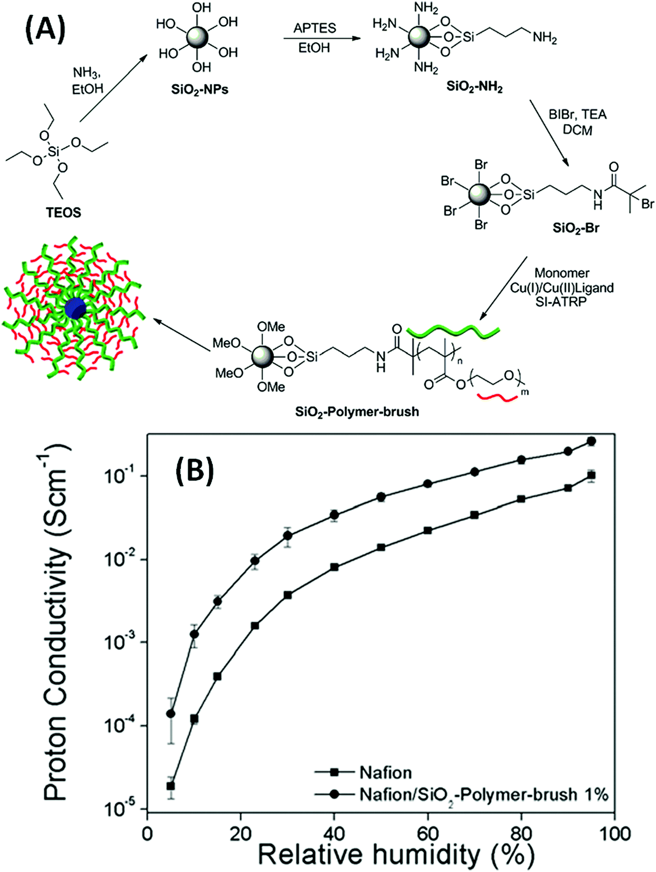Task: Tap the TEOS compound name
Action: pos(63,212)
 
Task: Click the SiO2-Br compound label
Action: pos(576,228)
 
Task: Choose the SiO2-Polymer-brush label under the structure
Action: pos(357,412)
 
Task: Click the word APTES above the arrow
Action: pos(315,28)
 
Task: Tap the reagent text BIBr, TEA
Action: pos(578,115)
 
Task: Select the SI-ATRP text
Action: pos(561,302)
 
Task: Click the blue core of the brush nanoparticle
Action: pos(75,308)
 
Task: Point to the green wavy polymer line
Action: pos(453,332)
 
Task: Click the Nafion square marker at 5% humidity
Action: pos(171,786)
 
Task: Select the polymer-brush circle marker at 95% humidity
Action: pos(591,441)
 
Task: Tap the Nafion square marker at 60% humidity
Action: pos(428,530)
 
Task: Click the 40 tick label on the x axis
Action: pos(334,834)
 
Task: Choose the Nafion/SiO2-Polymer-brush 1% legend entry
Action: pos(483,794)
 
